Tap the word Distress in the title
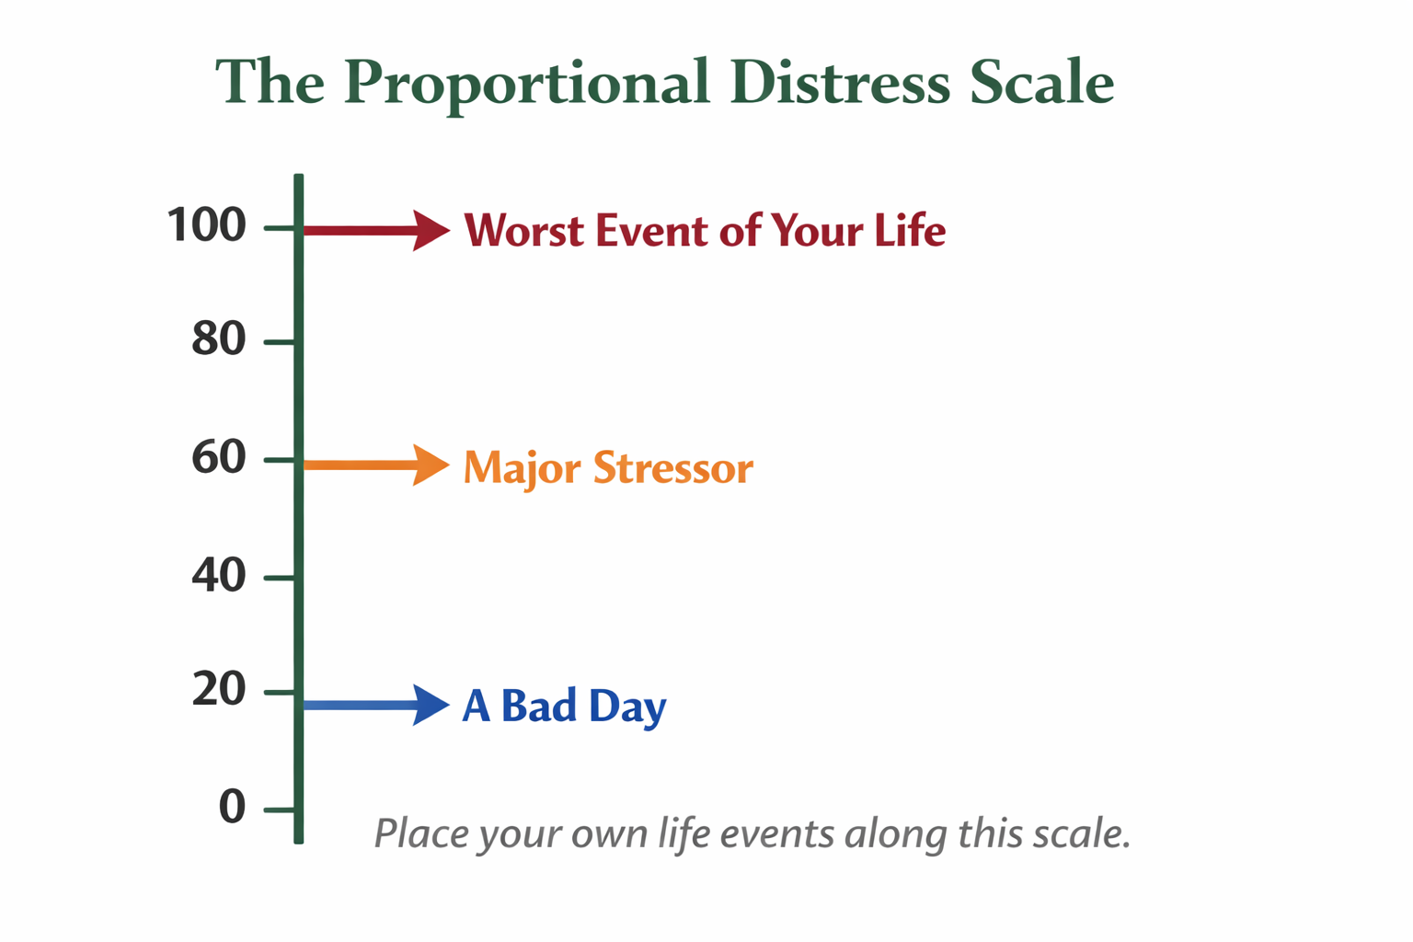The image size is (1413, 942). coord(840,81)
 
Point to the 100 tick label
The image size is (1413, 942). coord(206,224)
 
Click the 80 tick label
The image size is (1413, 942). coord(218,339)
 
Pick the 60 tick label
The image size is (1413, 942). coord(218,457)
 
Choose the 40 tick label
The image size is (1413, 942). coord(218,575)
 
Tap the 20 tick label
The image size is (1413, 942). coord(218,689)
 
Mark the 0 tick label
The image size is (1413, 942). coord(232,807)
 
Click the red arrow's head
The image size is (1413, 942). coord(431,230)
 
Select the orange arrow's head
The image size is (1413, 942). coord(431,465)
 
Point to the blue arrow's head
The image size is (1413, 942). coord(431,705)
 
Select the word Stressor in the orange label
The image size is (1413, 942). coord(673,467)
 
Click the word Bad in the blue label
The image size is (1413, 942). coord(539,706)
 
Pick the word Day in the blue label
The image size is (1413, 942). coord(627,708)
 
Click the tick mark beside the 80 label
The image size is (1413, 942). coord(280,342)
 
